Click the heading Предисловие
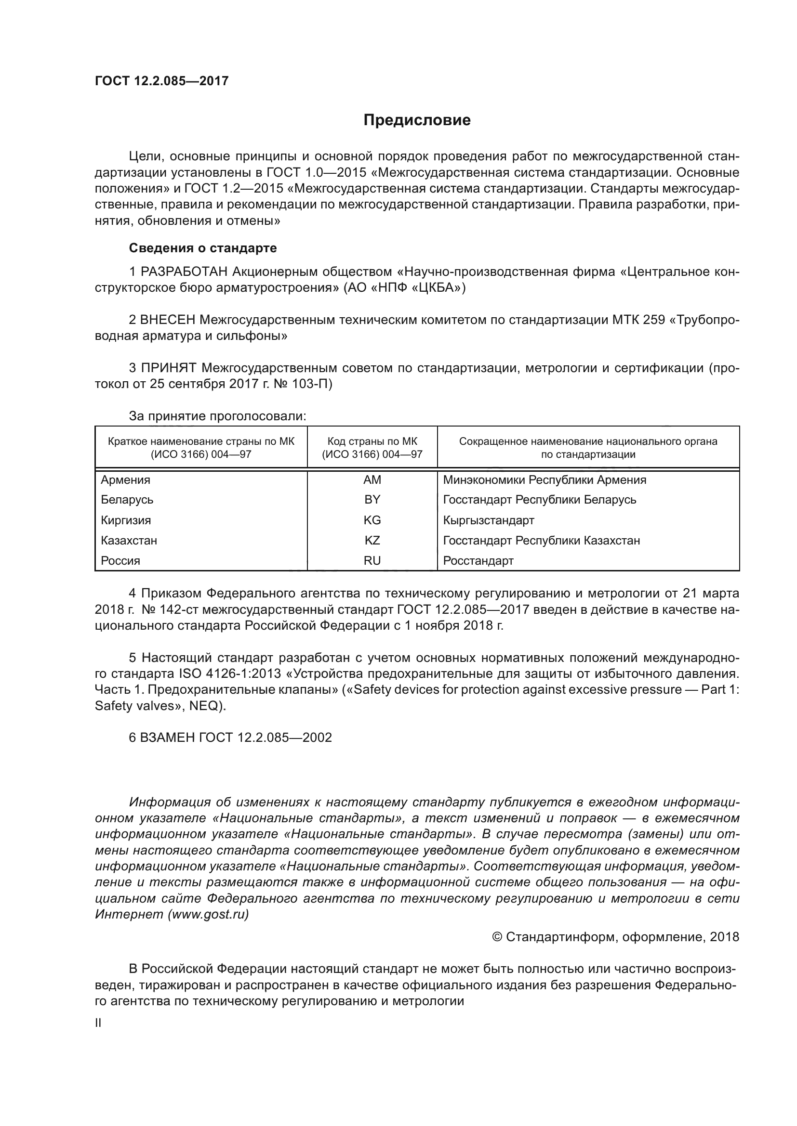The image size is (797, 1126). (x=417, y=120)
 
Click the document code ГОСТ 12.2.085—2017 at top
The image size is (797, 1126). (x=161, y=81)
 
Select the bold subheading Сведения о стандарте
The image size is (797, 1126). (x=203, y=248)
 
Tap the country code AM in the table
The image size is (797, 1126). (x=372, y=480)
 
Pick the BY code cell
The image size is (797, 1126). (x=372, y=500)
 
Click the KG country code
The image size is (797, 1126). (x=372, y=520)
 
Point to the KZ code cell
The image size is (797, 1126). (x=372, y=541)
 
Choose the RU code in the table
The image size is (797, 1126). (x=372, y=560)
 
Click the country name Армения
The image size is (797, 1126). (x=126, y=480)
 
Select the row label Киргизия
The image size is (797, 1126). (x=126, y=520)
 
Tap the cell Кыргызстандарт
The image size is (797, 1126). (x=488, y=520)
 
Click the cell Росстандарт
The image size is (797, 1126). (x=478, y=560)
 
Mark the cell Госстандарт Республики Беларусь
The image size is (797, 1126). (x=539, y=500)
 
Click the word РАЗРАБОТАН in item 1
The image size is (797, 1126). (x=185, y=272)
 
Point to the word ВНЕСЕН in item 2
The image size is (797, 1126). (x=168, y=320)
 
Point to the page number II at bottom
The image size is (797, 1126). (x=98, y=1023)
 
